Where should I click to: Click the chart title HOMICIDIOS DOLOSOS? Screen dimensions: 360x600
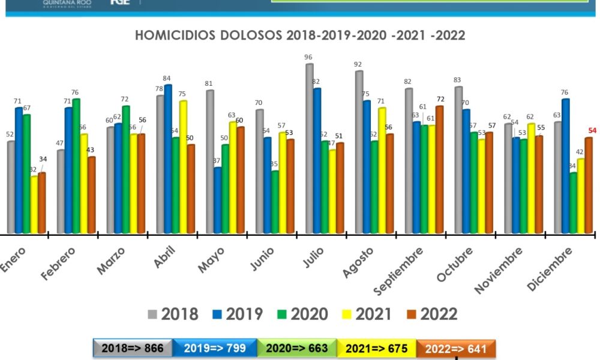pyautogui.click(x=300, y=35)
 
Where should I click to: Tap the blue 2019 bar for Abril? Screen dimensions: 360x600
pyautogui.click(x=168, y=159)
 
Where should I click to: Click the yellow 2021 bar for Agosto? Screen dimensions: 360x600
pyautogui.click(x=382, y=170)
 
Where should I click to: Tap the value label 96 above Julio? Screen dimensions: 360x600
pyautogui.click(x=308, y=58)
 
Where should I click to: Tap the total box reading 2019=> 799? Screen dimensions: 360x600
pyautogui.click(x=214, y=348)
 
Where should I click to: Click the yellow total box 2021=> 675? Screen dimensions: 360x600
pyautogui.click(x=376, y=348)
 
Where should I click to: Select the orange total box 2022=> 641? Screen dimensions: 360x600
pyautogui.click(x=457, y=348)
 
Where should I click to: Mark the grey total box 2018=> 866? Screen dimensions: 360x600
pyautogui.click(x=133, y=348)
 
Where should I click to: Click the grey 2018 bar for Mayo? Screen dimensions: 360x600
pyautogui.click(x=210, y=161)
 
